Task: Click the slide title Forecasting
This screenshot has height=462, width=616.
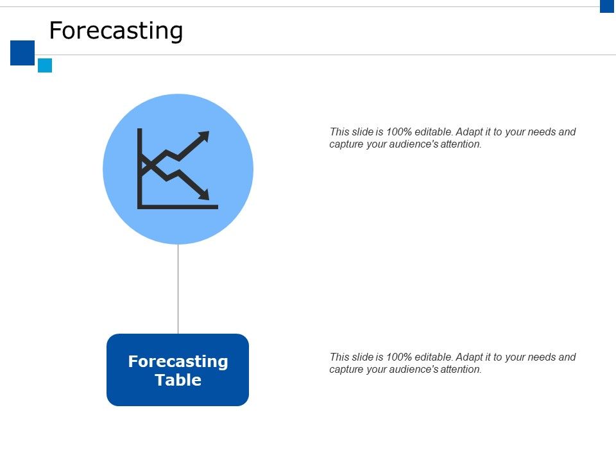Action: pyautogui.click(x=116, y=31)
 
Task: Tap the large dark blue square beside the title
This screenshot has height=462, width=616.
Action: pyautogui.click(x=22, y=53)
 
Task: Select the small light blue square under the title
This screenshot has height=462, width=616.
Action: pyautogui.click(x=45, y=65)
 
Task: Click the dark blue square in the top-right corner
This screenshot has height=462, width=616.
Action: pyautogui.click(x=607, y=6)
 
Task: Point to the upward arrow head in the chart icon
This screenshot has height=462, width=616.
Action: pyautogui.click(x=205, y=135)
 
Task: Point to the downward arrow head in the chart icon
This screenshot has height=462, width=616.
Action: pyautogui.click(x=205, y=195)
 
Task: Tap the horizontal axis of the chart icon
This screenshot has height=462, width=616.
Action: pyautogui.click(x=178, y=207)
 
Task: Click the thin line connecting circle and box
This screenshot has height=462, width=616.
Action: pyautogui.click(x=178, y=289)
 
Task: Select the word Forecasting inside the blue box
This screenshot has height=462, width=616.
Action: pyautogui.click(x=178, y=361)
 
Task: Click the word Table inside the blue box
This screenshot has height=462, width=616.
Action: pyautogui.click(x=178, y=380)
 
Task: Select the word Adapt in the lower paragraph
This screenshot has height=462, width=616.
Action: pyautogui.click(x=471, y=357)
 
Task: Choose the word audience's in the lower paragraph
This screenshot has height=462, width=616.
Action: pyautogui.click(x=410, y=370)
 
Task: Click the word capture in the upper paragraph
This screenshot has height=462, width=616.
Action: pyautogui.click(x=345, y=144)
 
